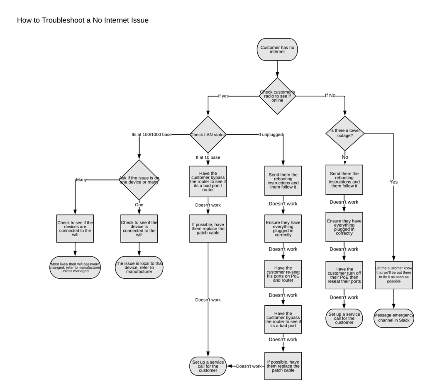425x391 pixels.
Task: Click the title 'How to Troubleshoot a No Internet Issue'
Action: pyautogui.click(x=83, y=20)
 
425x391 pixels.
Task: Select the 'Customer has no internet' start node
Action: pyautogui.click(x=277, y=50)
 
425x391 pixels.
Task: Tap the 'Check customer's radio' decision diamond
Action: pyautogui.click(x=277, y=96)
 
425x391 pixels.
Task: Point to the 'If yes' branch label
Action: pyautogui.click(x=223, y=96)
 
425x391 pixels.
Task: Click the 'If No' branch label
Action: pyautogui.click(x=330, y=96)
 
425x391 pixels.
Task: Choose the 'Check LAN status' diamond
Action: pyautogui.click(x=208, y=135)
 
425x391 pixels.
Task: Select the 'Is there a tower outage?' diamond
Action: pyautogui.click(x=345, y=133)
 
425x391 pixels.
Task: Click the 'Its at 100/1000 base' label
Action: pyautogui.click(x=151, y=135)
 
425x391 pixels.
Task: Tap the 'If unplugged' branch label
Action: pyautogui.click(x=271, y=135)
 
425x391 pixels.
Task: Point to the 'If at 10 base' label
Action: pyautogui.click(x=208, y=157)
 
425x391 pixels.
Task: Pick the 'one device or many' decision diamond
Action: pyautogui.click(x=139, y=180)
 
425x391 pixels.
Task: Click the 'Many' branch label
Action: pyautogui.click(x=81, y=180)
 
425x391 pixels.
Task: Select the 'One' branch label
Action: pyautogui.click(x=139, y=205)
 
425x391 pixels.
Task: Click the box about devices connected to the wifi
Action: pyautogui.click(x=75, y=229)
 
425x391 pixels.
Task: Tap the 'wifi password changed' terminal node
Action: pyautogui.click(x=75, y=268)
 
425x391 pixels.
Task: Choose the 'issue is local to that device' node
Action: pyautogui.click(x=139, y=268)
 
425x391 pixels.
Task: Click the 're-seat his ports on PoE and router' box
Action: pyautogui.click(x=283, y=274)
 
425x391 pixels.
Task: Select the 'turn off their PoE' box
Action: pyautogui.click(x=344, y=275)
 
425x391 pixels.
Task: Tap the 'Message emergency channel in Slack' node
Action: pyautogui.click(x=394, y=318)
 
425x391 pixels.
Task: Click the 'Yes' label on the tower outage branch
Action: pyautogui.click(x=394, y=181)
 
